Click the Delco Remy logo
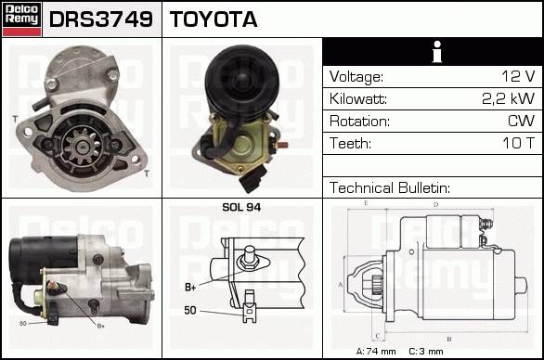tap(22, 19)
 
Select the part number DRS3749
tap(101, 19)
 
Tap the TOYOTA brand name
tap(214, 19)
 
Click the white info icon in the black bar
tap(437, 52)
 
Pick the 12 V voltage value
tap(518, 76)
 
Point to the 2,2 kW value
tap(509, 99)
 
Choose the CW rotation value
tap(521, 121)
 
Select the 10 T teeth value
tap(519, 143)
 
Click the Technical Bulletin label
tap(390, 188)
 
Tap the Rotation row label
tap(359, 122)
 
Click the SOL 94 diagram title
tap(241, 208)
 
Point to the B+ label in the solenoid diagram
tap(190, 288)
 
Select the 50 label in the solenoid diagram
tap(190, 310)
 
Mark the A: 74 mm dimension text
tap(376, 352)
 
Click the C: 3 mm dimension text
tap(426, 352)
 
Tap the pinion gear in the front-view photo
tap(83, 146)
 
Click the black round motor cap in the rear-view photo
tap(241, 82)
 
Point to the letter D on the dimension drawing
tap(435, 205)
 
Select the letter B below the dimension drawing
tap(449, 339)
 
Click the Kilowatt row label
tap(358, 99)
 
